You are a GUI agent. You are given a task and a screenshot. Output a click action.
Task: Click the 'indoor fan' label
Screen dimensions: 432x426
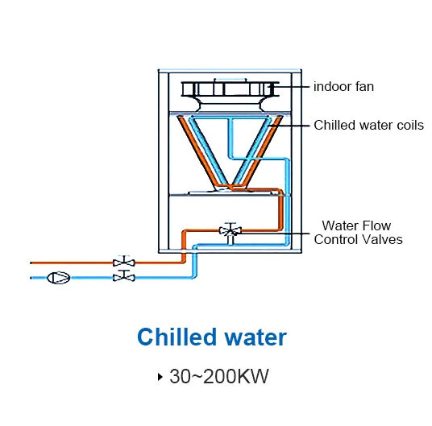point(343,87)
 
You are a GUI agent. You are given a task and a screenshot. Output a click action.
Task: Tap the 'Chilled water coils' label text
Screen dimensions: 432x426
point(368,125)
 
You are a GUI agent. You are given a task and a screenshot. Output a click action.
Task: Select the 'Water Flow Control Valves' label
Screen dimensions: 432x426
point(358,233)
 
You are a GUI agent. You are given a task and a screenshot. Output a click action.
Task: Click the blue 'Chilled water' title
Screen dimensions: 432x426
point(212,337)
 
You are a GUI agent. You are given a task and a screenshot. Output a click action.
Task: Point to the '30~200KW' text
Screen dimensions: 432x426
point(219,376)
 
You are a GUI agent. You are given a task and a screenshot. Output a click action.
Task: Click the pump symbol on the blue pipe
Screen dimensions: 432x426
point(58,278)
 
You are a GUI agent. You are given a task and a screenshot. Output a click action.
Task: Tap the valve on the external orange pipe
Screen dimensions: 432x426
point(124,261)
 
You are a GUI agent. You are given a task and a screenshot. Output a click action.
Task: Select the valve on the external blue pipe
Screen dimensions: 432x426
point(124,276)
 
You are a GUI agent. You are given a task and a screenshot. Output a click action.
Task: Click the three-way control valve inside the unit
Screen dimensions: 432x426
point(231,230)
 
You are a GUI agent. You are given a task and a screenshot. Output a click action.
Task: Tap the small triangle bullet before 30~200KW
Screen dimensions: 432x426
point(160,377)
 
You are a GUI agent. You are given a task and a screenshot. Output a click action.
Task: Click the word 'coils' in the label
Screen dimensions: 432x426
point(410,125)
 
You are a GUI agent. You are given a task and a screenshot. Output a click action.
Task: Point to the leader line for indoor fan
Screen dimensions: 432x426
point(289,87)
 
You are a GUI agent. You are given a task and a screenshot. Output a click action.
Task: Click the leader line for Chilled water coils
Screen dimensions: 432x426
point(289,126)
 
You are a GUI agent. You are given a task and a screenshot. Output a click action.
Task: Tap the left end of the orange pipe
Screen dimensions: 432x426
point(31,263)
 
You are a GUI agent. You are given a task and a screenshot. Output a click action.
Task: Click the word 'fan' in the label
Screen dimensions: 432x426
point(364,87)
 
